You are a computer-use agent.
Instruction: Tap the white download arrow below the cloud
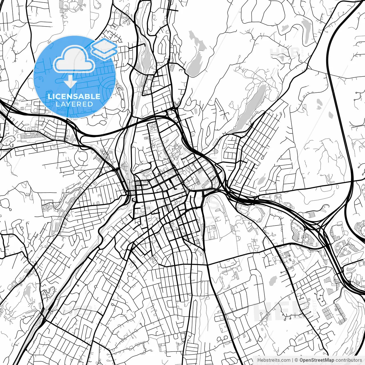pos(70,82)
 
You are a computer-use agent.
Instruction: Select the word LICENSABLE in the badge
pos(74,96)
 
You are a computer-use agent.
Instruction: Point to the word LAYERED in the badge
pos(74,104)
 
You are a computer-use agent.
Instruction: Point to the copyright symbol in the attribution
pos(296,360)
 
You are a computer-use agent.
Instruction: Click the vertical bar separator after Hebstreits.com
pos(293,360)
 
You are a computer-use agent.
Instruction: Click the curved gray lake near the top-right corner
pos(306,31)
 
